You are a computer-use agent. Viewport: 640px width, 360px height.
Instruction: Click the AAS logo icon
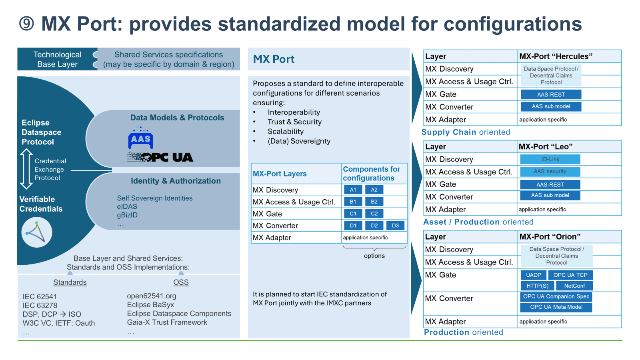[140, 138]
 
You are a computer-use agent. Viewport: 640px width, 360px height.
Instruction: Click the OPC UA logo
[160, 157]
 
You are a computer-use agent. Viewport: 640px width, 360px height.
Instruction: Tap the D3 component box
[395, 226]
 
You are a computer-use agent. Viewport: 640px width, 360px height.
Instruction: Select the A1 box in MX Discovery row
[353, 190]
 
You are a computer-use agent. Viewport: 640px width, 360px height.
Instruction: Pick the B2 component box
[374, 202]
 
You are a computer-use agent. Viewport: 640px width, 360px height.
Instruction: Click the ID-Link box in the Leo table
[550, 159]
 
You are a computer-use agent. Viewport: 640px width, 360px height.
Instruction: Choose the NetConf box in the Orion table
[574, 286]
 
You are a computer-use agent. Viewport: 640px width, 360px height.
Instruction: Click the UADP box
[534, 275]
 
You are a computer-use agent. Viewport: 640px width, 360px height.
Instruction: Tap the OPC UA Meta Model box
[556, 307]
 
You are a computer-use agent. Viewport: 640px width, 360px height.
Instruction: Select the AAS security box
[550, 172]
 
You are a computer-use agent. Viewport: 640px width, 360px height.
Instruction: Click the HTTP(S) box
[537, 286]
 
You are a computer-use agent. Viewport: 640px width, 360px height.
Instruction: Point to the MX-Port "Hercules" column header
[556, 56]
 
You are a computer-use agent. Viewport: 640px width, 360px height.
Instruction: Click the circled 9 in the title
[27, 24]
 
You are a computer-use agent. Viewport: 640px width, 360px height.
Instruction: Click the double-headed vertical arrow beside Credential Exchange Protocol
[26, 169]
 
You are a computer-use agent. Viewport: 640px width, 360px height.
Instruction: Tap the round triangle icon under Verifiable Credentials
[36, 232]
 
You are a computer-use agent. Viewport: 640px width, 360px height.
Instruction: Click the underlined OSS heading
[181, 282]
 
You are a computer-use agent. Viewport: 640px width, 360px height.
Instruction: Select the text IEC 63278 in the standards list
[40, 306]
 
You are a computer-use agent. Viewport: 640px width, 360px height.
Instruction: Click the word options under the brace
[374, 256]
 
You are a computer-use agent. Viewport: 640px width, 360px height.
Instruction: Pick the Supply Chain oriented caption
[466, 132]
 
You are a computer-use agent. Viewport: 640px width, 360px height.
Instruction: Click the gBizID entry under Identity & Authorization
[127, 215]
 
